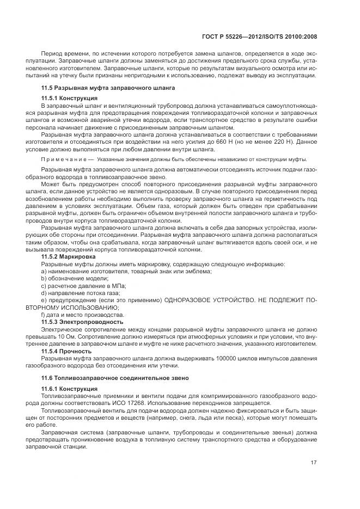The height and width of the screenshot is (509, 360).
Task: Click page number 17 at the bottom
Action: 314,463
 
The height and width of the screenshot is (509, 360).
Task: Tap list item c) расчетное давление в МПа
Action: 83,285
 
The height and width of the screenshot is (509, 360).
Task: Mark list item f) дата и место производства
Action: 78,315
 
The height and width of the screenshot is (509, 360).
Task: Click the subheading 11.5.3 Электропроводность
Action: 82,322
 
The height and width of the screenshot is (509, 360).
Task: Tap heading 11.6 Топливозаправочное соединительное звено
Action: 115,377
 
